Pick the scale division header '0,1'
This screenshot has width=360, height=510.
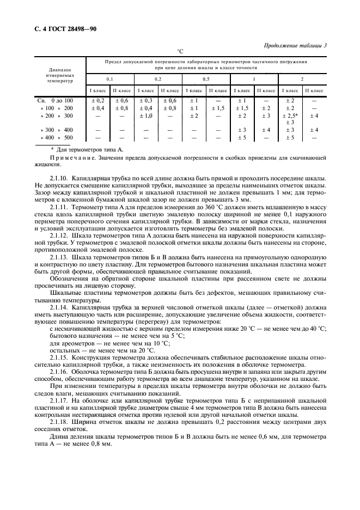click(x=109, y=79)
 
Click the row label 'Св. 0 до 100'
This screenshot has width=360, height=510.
click(x=55, y=101)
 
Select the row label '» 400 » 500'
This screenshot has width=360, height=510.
click(x=55, y=138)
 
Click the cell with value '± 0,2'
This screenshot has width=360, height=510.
click(x=97, y=101)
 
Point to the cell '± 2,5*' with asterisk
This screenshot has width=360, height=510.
click(x=290, y=116)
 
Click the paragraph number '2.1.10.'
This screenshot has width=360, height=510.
click(x=59, y=179)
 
